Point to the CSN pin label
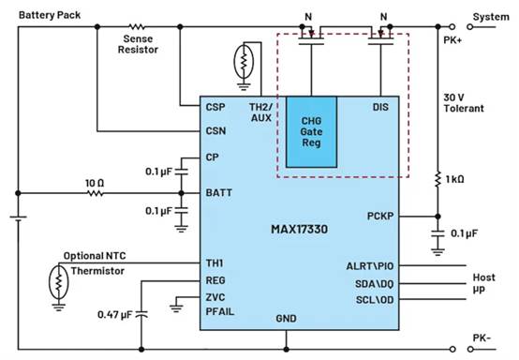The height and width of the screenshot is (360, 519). click(215, 131)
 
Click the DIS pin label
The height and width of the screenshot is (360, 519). click(380, 107)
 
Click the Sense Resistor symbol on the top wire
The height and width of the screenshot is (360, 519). click(137, 27)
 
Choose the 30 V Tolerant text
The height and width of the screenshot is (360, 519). click(465, 100)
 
